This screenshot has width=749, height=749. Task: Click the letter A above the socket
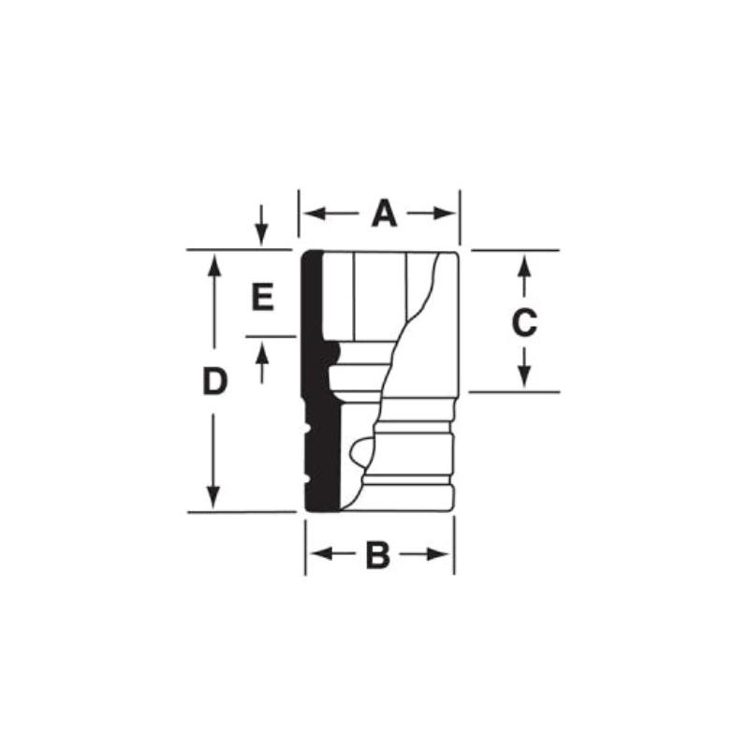coord(384,214)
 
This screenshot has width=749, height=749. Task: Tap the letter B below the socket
coord(376,555)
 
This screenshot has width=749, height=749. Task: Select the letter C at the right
coord(524,323)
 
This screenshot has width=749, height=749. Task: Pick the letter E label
coord(262,299)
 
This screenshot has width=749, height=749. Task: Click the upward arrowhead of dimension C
coord(524,263)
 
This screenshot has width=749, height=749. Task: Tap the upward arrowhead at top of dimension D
coord(215,263)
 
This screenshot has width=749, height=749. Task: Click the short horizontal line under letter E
coord(269,336)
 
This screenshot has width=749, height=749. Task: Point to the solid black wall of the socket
coord(316,384)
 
